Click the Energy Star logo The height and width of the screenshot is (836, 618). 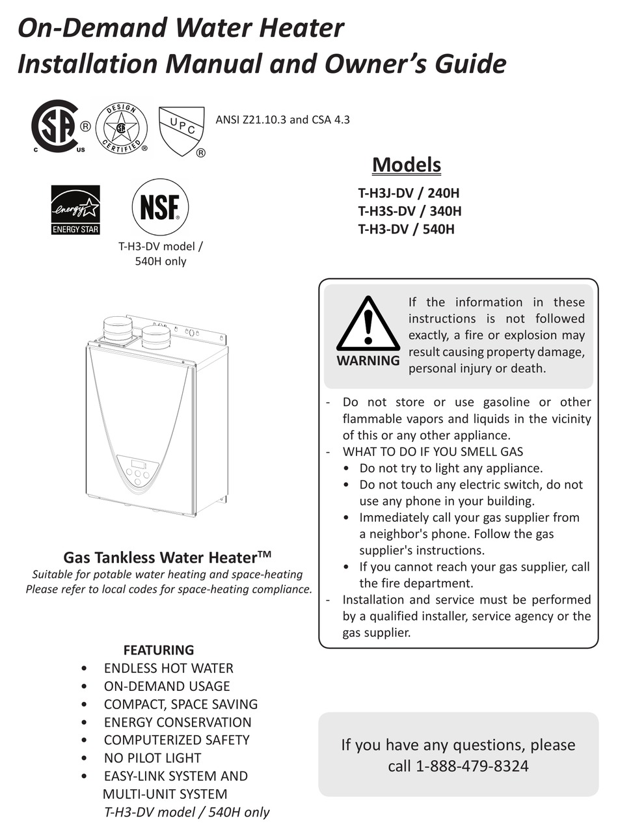(75, 209)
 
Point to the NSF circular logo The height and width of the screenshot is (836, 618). (160, 208)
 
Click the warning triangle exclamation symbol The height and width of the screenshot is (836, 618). (368, 325)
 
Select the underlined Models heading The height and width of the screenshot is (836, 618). (407, 165)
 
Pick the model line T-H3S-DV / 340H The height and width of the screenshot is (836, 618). (410, 211)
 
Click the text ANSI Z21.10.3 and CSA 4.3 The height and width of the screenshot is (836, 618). (282, 120)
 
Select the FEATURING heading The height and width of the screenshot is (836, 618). (159, 650)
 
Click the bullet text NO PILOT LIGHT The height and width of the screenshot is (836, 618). (152, 758)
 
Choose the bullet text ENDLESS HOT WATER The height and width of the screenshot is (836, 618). (168, 668)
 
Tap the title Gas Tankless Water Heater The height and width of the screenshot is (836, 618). (167, 558)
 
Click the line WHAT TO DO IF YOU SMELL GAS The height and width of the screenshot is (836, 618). (433, 452)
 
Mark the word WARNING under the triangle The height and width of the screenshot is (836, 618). (368, 360)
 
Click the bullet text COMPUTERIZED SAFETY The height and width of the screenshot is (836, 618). (176, 740)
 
